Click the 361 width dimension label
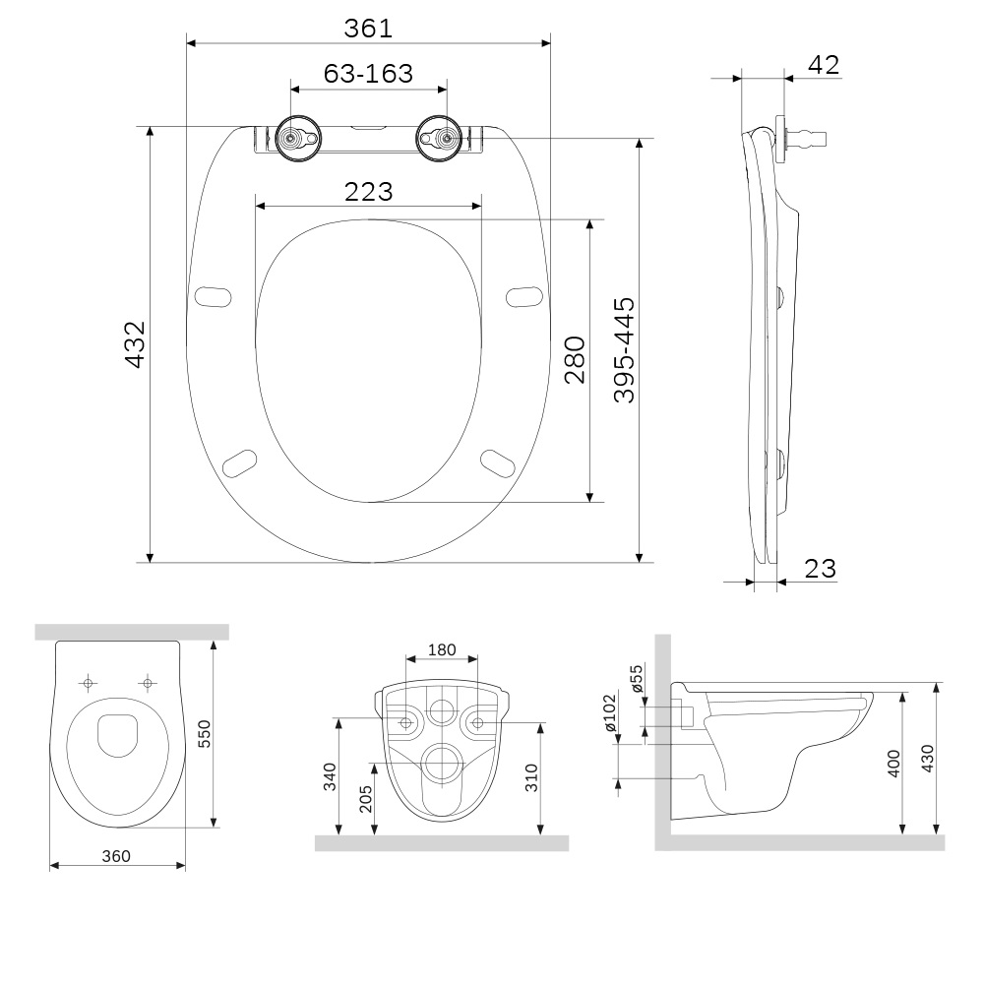pos(368,29)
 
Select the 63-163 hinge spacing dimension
pos(368,74)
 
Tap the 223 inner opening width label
pos(368,192)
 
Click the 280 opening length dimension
pos(575,359)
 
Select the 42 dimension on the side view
pos(823,65)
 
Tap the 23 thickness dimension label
pos(820,568)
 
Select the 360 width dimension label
pos(116,856)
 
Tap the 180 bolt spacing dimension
pos(443,649)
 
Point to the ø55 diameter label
pos(637,678)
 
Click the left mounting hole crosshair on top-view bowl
pos(89,682)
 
